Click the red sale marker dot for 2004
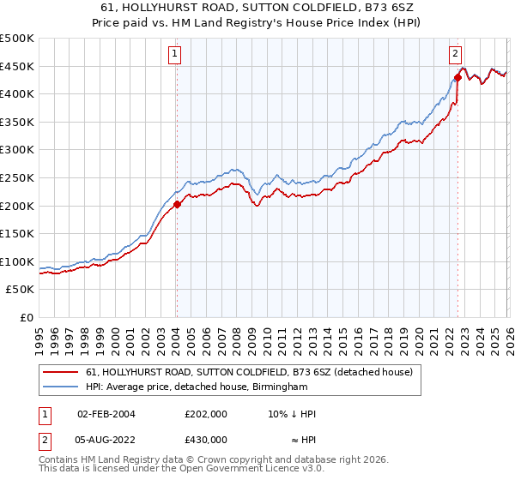click(x=177, y=204)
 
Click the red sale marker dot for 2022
click(x=457, y=77)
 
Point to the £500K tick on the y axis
click(x=17, y=39)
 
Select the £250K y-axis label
click(x=17, y=177)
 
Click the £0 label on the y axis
click(x=26, y=317)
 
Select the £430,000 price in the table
click(x=206, y=440)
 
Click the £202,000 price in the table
click(x=206, y=414)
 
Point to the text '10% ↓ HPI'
click(x=292, y=414)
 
